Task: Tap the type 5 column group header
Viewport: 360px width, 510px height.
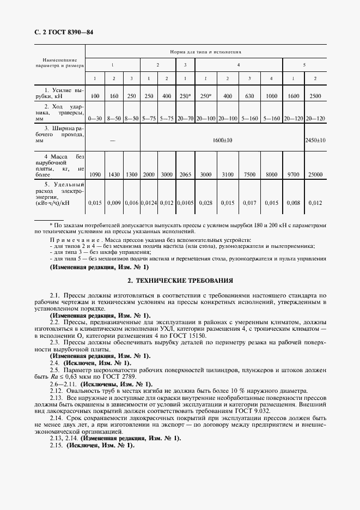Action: pos(304,65)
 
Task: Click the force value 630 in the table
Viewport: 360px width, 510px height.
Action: pos(249,96)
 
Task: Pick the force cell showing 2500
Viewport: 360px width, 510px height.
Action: pos(315,96)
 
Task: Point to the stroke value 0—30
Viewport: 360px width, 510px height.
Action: pos(95,118)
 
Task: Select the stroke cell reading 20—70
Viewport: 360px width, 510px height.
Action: pos(185,118)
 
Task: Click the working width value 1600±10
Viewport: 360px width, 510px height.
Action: pos(222,140)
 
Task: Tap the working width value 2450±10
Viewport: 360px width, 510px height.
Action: pos(315,140)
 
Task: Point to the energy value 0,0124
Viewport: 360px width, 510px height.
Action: pos(149,203)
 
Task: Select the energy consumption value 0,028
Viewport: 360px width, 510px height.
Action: pos(205,203)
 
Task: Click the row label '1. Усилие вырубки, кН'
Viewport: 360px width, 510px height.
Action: pos(60,92)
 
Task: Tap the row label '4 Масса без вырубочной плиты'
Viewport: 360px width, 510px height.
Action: pos(60,166)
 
